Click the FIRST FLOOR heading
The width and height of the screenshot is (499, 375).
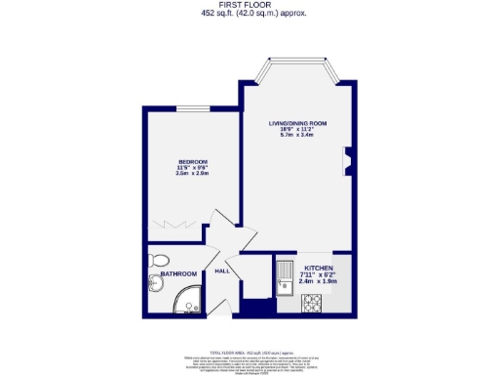[249, 5]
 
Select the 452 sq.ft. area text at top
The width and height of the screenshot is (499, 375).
[249, 14]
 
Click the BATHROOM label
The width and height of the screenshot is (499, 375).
[178, 274]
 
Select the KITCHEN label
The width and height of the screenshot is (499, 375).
[320, 268]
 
